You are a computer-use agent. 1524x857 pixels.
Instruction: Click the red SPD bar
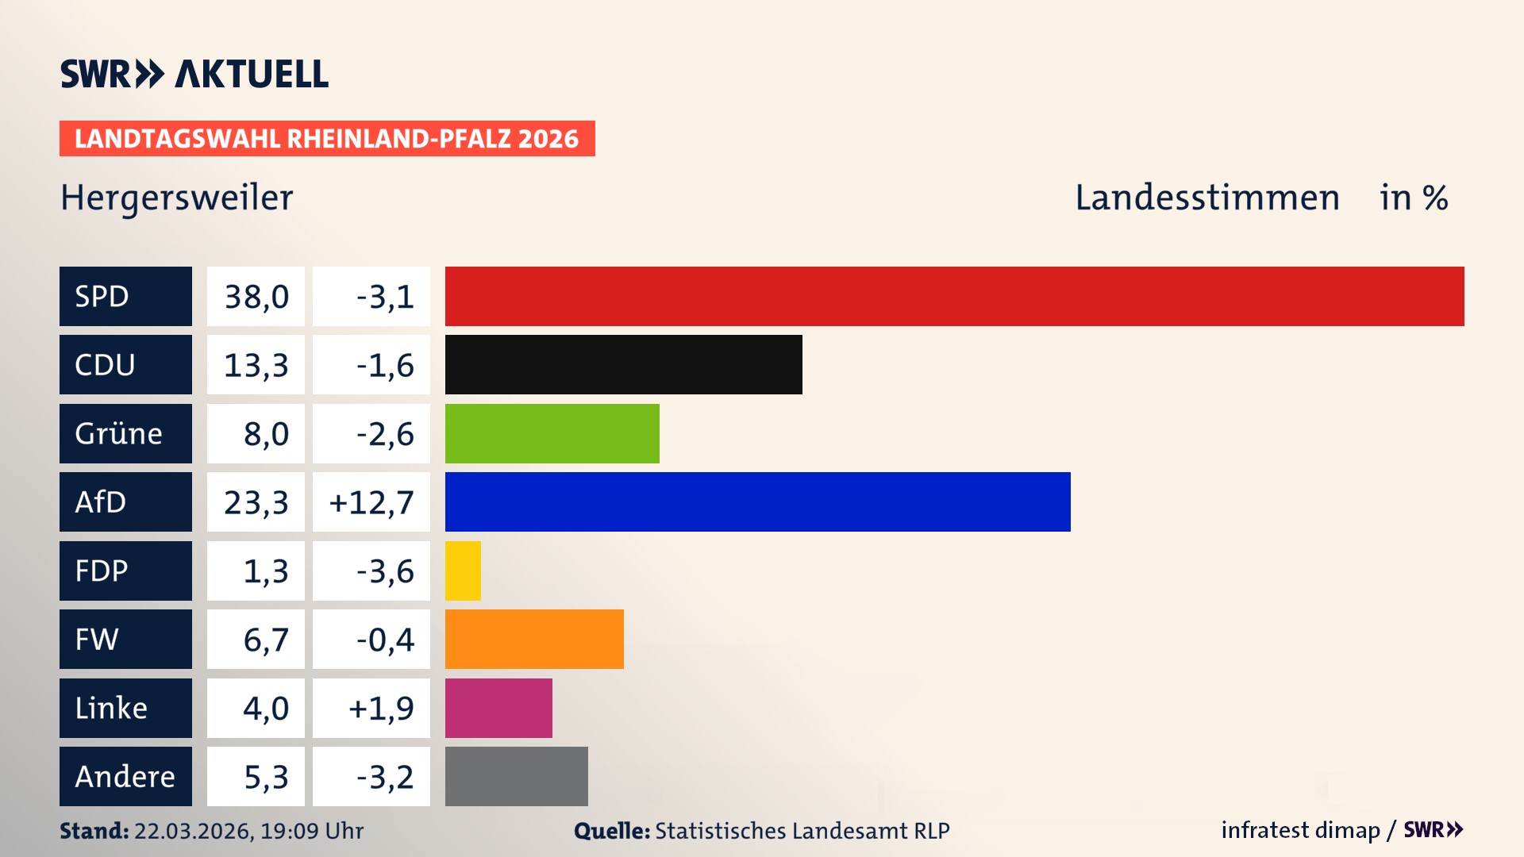[954, 296]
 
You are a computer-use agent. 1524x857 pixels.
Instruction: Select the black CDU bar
[623, 365]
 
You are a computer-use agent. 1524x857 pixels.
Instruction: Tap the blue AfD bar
[757, 502]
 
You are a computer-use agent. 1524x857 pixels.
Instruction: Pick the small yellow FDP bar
[463, 571]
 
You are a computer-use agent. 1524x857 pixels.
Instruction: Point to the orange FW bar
[534, 640]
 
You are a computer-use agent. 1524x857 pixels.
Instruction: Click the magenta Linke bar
[498, 708]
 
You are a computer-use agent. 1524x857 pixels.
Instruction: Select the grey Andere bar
[516, 776]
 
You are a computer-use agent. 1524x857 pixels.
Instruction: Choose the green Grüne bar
[552, 433]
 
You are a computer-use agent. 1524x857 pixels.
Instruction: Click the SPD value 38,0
[256, 297]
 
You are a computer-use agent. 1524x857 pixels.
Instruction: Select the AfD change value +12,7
[371, 502]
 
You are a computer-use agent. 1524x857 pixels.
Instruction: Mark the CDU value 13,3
[256, 365]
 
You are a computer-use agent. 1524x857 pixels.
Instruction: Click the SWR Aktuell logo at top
[194, 74]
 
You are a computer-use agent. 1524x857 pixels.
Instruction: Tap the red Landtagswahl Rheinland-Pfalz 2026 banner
[326, 139]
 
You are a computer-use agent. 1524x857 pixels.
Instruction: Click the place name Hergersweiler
[176, 198]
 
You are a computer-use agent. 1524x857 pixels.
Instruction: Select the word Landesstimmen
[1206, 198]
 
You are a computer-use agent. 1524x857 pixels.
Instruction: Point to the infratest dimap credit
[1300, 830]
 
